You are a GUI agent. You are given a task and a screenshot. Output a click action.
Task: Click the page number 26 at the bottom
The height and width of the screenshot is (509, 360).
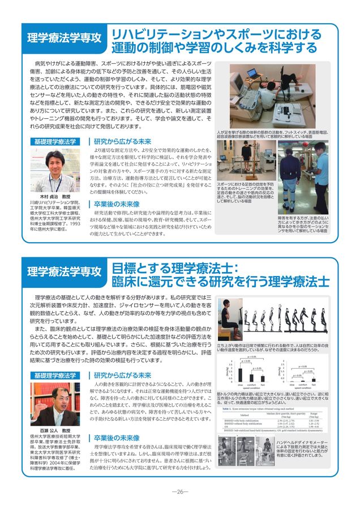tap(179, 491)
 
